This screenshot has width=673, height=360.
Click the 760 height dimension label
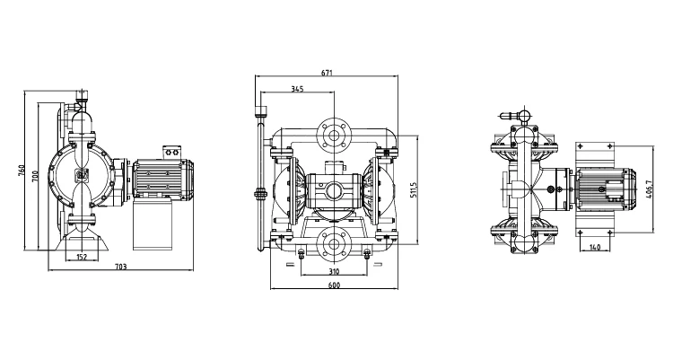[22, 171]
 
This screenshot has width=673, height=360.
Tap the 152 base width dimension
[82, 258]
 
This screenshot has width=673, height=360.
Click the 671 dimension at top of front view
[328, 73]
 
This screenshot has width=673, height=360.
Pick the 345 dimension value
[297, 89]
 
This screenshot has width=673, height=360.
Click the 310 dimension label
[333, 270]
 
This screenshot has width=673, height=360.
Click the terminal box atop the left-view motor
[171, 152]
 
